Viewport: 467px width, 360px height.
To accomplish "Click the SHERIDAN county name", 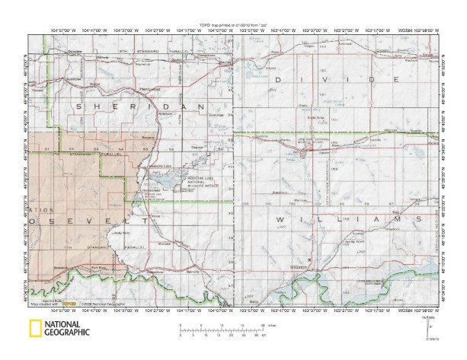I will [x=141, y=107].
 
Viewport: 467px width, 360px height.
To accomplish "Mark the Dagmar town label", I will [x=197, y=148].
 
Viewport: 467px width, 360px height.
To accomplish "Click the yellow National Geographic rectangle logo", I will [x=34, y=330].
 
